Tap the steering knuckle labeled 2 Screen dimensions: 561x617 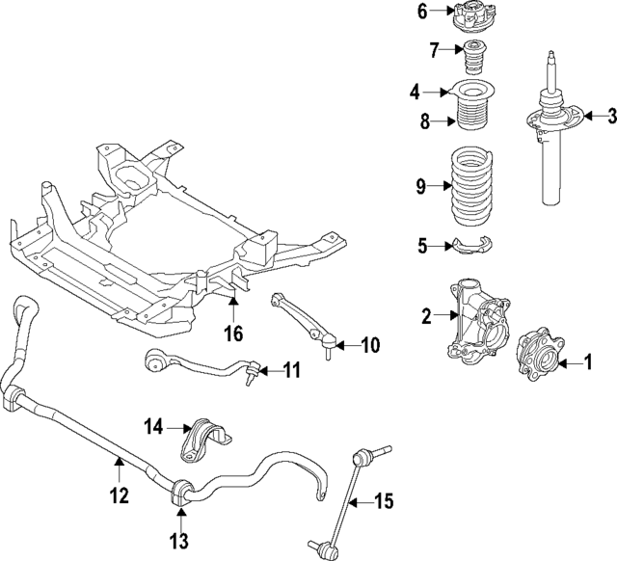[610, 117]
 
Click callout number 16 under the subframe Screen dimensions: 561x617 [233, 334]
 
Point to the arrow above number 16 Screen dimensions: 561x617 [232, 311]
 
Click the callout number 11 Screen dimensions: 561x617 [292, 369]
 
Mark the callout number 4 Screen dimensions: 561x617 [416, 93]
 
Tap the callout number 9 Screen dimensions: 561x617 [421, 187]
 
